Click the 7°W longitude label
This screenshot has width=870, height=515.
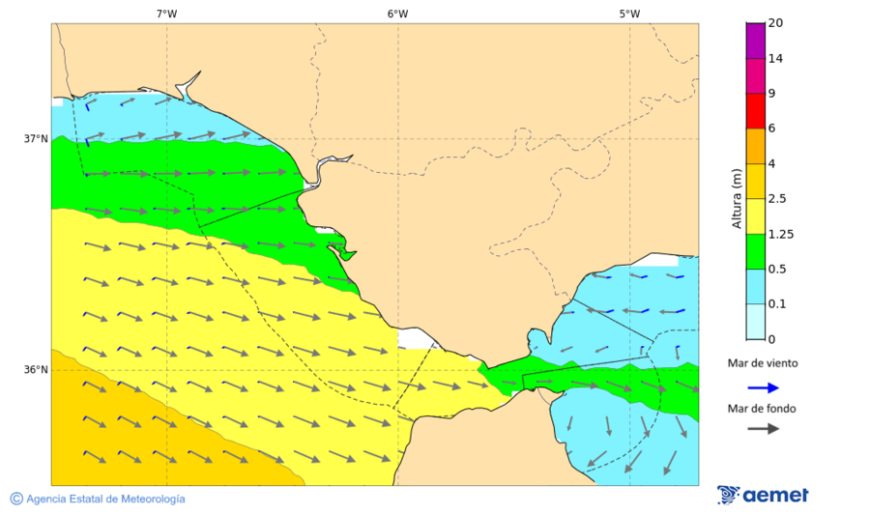tap(166, 14)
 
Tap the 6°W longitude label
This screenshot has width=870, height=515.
tap(397, 14)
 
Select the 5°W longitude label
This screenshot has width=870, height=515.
tap(629, 14)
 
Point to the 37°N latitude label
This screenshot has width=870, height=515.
tap(36, 138)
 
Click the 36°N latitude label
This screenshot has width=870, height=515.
tap(36, 370)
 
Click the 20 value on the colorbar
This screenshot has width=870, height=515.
tap(775, 22)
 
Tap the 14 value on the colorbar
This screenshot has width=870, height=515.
tap(775, 58)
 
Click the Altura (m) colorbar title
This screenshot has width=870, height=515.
tap(737, 198)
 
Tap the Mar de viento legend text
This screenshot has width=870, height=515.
tap(763, 363)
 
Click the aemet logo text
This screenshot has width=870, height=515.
tap(775, 496)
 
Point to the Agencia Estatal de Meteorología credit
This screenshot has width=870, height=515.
tap(105, 499)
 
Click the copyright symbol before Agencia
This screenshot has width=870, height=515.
tap(16, 499)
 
